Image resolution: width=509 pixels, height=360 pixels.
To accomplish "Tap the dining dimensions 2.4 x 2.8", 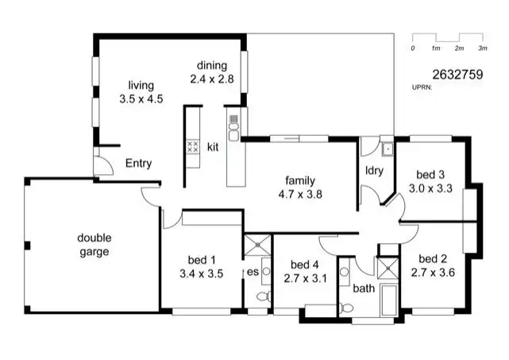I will pyautogui.click(x=212, y=79).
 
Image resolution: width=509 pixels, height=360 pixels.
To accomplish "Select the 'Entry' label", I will pyautogui.click(x=138, y=164).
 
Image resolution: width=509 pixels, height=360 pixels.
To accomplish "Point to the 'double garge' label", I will pyautogui.click(x=93, y=245).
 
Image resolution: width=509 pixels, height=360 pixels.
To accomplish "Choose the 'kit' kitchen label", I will pyautogui.click(x=213, y=147).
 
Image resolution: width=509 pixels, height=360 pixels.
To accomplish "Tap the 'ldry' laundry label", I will pyautogui.click(x=374, y=170).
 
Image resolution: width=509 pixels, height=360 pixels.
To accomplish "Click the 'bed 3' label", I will pyautogui.click(x=430, y=175).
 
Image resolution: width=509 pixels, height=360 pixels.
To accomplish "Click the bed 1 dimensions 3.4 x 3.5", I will pyautogui.click(x=201, y=273).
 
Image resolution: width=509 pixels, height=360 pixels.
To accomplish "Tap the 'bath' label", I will pyautogui.click(x=364, y=288).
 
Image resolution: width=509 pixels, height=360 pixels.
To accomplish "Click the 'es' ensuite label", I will pyautogui.click(x=252, y=272).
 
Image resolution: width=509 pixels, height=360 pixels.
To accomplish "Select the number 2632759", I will pyautogui.click(x=457, y=75).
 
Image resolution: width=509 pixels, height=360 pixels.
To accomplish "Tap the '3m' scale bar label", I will pyautogui.click(x=482, y=48).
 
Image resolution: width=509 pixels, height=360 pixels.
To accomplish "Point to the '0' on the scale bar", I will pyautogui.click(x=413, y=48).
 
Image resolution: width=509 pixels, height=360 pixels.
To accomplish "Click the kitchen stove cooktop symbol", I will pyautogui.click(x=192, y=146).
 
